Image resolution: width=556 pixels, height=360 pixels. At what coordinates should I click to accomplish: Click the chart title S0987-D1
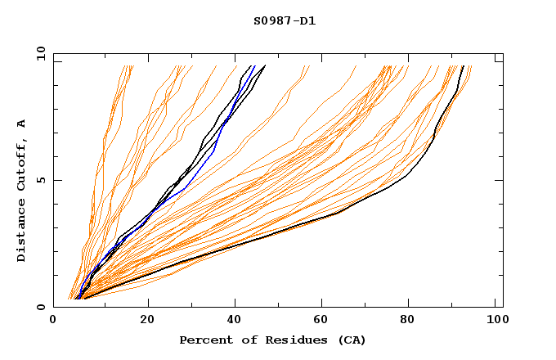285,20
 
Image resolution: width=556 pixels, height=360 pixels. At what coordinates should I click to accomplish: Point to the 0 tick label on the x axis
53,321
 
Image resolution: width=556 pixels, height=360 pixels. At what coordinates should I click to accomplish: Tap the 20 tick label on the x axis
147,321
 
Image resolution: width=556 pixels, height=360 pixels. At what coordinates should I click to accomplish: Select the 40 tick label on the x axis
235,321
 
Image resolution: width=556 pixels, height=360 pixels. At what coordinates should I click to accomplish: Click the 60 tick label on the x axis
324,321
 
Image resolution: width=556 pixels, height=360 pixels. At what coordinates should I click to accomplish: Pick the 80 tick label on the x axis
412,321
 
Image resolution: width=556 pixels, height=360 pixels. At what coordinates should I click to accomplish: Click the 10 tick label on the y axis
40,53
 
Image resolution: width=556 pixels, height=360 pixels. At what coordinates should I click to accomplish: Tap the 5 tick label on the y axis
43,180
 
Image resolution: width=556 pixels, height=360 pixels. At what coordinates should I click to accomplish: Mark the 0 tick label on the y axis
43,307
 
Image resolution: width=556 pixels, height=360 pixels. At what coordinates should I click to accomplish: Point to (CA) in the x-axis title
350,340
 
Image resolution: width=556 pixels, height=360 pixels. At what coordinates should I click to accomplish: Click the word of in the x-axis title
244,340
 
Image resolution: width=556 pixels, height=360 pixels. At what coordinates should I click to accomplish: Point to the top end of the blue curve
254,66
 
